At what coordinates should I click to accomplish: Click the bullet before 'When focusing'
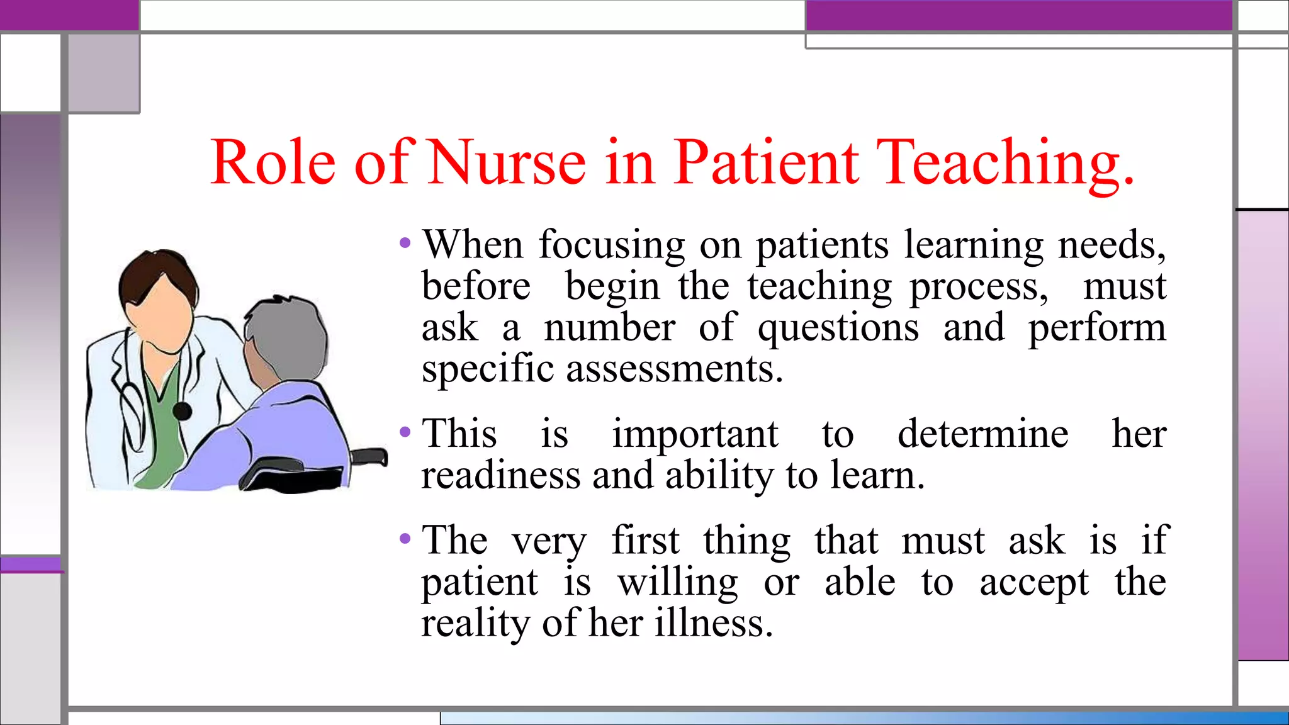(x=405, y=243)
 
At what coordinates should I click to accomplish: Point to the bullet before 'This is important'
(x=405, y=432)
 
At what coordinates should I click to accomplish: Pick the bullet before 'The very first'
(x=405, y=539)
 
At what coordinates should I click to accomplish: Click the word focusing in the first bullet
(x=611, y=245)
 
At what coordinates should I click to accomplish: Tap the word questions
(x=838, y=329)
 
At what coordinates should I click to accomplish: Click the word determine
(x=982, y=434)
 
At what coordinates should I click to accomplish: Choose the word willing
(x=677, y=583)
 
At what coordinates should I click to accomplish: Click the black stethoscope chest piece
(x=182, y=412)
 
